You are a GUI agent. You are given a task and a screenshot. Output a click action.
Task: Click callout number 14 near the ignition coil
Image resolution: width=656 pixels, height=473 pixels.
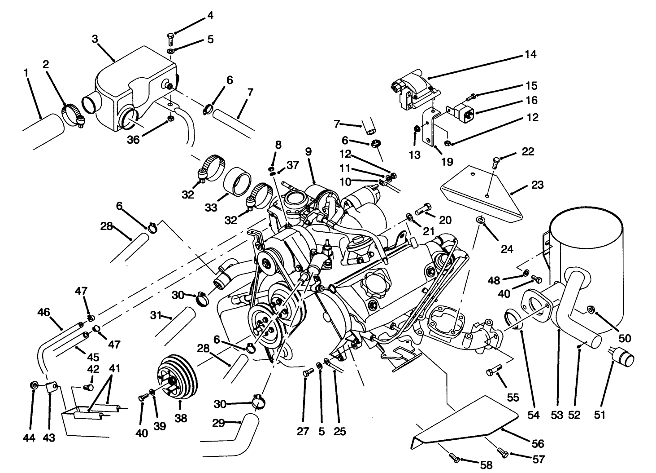tap(530, 55)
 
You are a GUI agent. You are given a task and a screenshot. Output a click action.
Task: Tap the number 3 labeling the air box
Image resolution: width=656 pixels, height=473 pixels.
tap(95, 39)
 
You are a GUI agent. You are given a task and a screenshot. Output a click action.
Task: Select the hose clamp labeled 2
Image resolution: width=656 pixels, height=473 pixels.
tap(73, 115)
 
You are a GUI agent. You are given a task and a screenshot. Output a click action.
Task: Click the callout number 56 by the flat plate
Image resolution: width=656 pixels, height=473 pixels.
tap(538, 444)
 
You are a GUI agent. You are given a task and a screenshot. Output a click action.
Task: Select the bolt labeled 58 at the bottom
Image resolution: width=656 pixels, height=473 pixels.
tap(454, 457)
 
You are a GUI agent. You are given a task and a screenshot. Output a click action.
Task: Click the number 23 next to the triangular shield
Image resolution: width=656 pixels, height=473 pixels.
tap(538, 185)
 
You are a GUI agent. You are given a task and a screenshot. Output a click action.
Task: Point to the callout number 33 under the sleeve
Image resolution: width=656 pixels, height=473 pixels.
tap(211, 208)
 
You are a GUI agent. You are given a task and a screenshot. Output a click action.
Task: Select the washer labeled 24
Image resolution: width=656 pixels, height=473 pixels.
tap(480, 220)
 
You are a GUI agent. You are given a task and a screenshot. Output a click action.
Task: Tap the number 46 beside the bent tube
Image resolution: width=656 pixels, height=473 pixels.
tap(43, 311)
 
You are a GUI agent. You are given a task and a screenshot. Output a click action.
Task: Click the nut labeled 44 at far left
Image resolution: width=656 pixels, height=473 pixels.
tap(34, 385)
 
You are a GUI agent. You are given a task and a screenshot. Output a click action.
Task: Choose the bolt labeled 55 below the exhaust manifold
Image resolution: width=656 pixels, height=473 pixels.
tap(493, 371)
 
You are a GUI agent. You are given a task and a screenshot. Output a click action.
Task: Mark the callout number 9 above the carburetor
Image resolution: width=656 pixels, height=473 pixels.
tap(308, 152)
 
